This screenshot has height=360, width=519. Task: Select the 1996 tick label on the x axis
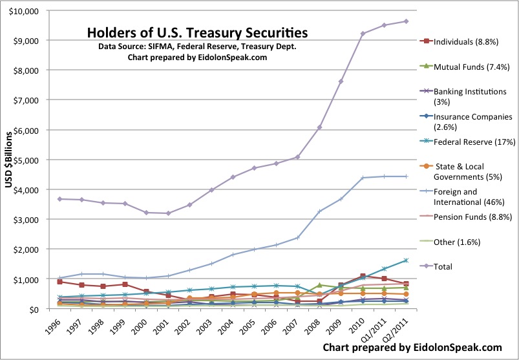(54, 326)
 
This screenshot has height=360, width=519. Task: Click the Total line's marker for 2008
(319, 127)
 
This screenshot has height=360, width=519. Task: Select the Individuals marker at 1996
(59, 282)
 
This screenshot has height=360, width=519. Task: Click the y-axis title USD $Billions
(10, 160)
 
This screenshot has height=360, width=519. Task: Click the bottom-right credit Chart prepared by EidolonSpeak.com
(412, 347)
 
